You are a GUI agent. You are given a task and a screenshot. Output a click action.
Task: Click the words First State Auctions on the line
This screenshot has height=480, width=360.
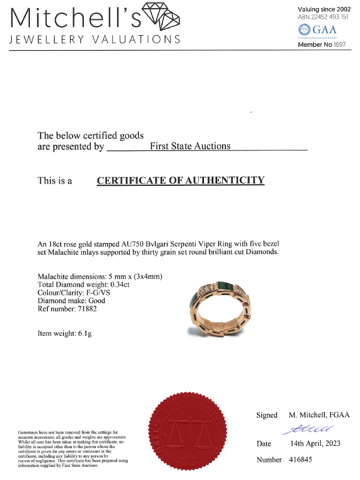point(190,146)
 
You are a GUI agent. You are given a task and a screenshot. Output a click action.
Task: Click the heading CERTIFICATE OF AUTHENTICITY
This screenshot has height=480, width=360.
point(180,180)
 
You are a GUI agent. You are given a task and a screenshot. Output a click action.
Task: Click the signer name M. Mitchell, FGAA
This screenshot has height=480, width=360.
point(319,415)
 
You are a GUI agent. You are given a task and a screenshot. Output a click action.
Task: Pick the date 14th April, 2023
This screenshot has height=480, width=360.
point(315,444)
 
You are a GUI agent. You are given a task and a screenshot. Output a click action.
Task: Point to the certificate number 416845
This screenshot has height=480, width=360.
point(300,459)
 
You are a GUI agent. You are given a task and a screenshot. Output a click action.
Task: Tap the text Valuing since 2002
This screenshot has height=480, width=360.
point(324,9)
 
